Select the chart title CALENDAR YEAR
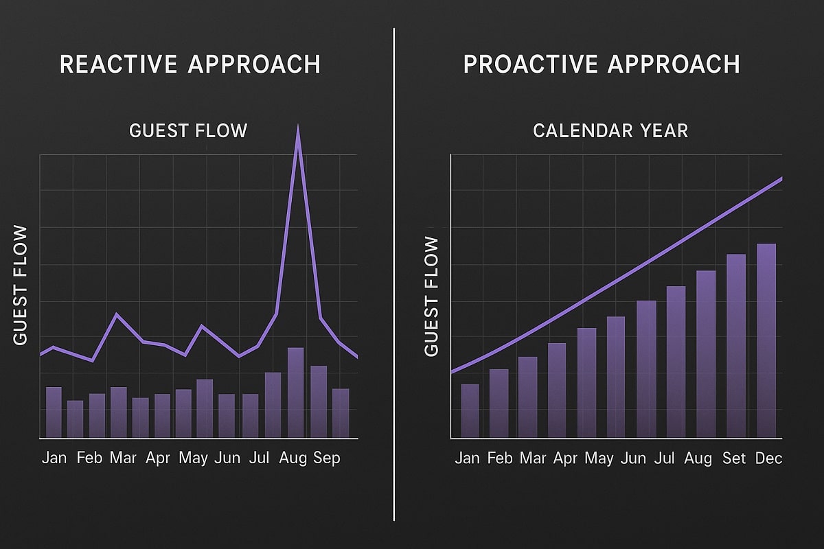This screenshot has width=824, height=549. (610, 130)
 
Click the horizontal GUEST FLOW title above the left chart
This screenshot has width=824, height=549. (188, 130)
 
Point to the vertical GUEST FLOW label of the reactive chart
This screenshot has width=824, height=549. (21, 285)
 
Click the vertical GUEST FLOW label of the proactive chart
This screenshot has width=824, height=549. (431, 296)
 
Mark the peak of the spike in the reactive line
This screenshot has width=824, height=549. (297, 127)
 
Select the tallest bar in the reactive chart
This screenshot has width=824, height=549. (295, 393)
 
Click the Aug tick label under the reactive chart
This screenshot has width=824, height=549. (293, 458)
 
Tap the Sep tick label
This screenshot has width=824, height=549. (326, 458)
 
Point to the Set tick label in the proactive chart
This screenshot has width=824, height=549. (734, 458)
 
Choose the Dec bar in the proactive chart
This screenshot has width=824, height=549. (766, 341)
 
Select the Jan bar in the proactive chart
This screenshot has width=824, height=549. (470, 410)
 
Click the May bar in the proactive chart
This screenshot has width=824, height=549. (586, 383)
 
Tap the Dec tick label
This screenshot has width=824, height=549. (768, 458)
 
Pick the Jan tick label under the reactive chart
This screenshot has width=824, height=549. (54, 458)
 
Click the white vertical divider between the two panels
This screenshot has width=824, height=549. (394, 274)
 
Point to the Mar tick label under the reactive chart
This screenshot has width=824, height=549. (123, 458)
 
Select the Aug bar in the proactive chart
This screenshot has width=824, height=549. (706, 354)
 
